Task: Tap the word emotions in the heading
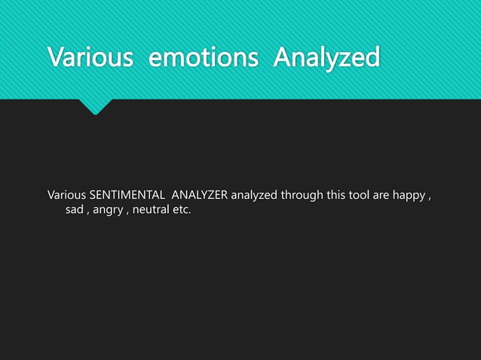click(204, 57)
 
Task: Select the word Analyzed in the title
click(326, 57)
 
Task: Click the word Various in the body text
click(66, 197)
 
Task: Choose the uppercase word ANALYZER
click(200, 197)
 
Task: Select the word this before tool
click(337, 197)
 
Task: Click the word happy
click(412, 197)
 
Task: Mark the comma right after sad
click(87, 212)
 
